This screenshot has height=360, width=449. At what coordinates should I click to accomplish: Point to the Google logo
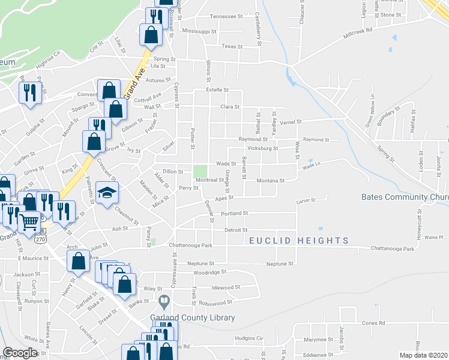pyautogui.click(x=20, y=353)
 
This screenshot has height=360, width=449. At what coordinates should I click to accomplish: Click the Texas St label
pyautogui.click(x=231, y=46)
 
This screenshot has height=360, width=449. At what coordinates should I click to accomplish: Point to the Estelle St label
pyautogui.click(x=217, y=89)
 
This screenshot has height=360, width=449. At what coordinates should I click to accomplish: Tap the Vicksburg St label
pyautogui.click(x=263, y=147)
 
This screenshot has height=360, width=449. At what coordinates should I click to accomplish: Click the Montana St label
pyautogui.click(x=270, y=181)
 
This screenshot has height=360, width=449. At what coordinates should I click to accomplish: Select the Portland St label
pyautogui.click(x=234, y=213)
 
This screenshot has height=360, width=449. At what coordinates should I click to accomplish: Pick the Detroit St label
pyautogui.click(x=236, y=230)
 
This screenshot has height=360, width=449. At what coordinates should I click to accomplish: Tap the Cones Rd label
pyautogui.click(x=373, y=323)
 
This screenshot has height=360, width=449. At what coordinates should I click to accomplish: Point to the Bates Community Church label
pyautogui.click(x=405, y=197)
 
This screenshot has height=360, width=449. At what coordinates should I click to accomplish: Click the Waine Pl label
pyautogui.click(x=432, y=238)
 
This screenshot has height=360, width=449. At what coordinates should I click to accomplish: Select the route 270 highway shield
pyautogui.click(x=40, y=238)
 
